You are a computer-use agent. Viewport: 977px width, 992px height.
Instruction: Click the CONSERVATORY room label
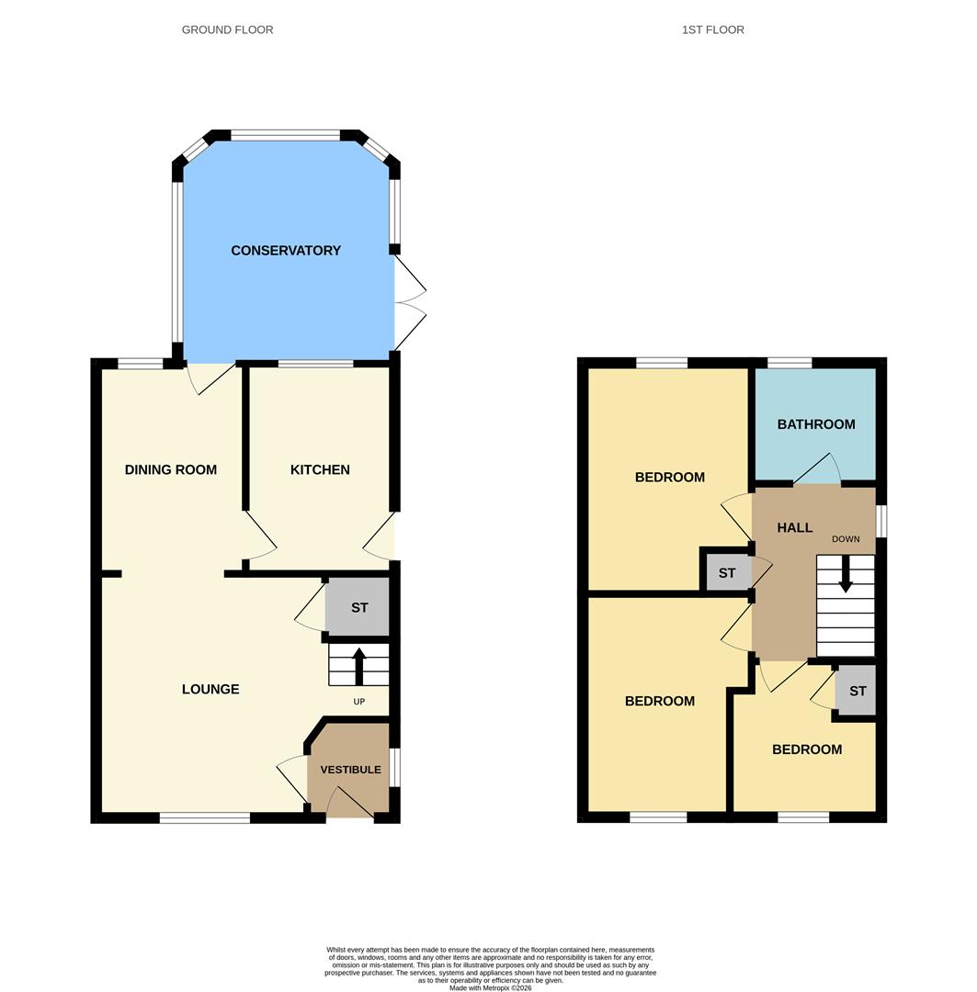(x=286, y=251)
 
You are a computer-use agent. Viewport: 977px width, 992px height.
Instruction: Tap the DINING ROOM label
(x=171, y=469)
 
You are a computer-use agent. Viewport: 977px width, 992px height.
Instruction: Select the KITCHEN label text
(x=320, y=469)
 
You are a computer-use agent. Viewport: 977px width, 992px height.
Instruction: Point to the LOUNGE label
(x=210, y=689)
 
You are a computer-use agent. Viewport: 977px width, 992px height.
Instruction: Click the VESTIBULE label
(x=350, y=770)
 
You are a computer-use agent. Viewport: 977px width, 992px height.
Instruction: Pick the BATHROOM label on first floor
(x=816, y=424)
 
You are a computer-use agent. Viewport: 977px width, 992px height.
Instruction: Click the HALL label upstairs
(x=794, y=527)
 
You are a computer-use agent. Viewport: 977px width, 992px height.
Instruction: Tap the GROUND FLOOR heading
(x=227, y=29)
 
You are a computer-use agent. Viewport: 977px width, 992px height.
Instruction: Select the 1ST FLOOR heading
(x=713, y=29)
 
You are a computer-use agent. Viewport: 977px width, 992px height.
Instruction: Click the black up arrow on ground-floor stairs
(x=358, y=666)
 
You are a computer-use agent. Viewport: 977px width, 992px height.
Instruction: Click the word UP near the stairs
(x=359, y=702)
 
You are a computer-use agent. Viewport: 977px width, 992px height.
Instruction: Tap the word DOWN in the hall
(x=846, y=539)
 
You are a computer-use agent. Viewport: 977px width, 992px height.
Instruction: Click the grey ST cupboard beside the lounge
(x=358, y=608)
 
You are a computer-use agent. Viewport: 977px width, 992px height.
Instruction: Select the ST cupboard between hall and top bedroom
(x=727, y=573)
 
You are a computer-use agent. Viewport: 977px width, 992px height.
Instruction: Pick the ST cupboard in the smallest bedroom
(x=857, y=692)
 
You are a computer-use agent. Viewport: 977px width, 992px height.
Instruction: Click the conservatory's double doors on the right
(x=410, y=303)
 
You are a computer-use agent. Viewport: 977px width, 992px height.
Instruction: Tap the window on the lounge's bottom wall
(x=204, y=817)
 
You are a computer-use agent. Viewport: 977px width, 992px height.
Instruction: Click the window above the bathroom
(x=790, y=363)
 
